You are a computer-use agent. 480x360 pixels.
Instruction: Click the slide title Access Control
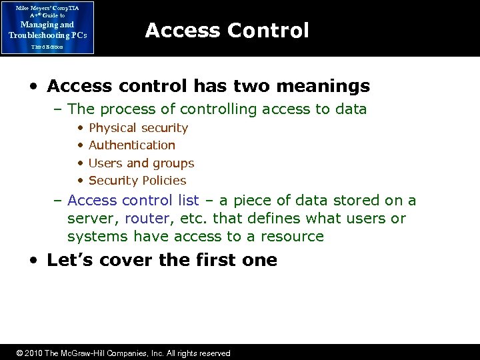pyautogui.click(x=227, y=31)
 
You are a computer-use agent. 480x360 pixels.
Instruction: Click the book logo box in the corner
pyautogui.click(x=47, y=27)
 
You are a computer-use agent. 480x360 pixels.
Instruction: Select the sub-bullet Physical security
pyautogui.click(x=138, y=128)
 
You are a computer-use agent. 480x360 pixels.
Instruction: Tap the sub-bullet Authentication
pyautogui.click(x=131, y=145)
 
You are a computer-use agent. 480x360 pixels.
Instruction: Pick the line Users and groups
pyautogui.click(x=141, y=163)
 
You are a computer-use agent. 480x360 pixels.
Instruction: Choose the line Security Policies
pyautogui.click(x=137, y=181)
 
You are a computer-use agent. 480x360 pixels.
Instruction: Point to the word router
pyautogui.click(x=146, y=219)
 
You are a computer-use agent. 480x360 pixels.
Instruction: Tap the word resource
pyautogui.click(x=293, y=237)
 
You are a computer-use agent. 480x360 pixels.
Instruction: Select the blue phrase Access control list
pyautogui.click(x=133, y=201)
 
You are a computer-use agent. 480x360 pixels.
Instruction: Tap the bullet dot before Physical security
pyautogui.click(x=80, y=128)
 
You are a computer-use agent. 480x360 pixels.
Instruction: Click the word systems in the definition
pyautogui.click(x=98, y=237)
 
